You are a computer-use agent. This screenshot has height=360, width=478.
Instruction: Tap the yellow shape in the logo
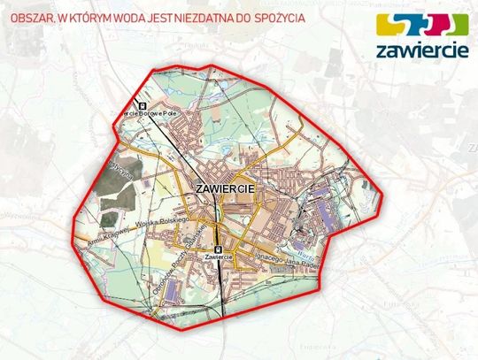389,24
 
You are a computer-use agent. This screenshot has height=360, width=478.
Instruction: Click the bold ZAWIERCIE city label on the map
224,188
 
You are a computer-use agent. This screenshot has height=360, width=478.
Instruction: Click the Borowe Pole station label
156,111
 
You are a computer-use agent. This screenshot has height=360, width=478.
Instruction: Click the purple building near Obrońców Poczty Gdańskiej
173,289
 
